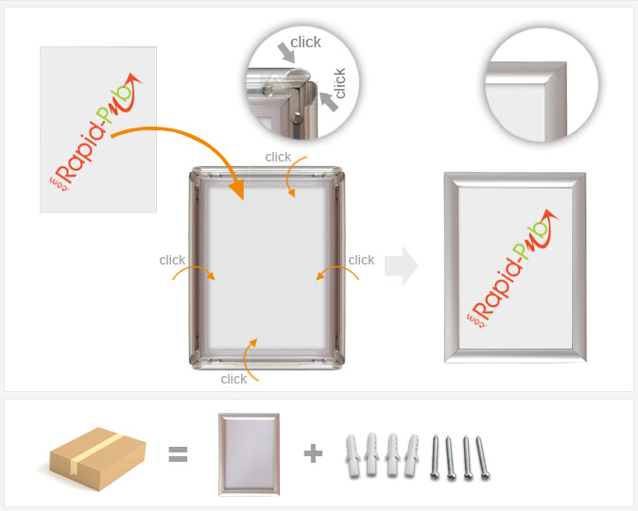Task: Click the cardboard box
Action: [x=97, y=458]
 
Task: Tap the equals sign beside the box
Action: [x=179, y=454]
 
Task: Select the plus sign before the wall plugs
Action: [x=313, y=453]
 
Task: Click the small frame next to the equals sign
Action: [x=249, y=454]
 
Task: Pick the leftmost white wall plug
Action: [x=353, y=455]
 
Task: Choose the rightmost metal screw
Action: [x=483, y=457]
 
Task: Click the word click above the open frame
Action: [x=278, y=157]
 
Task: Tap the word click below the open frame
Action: [x=233, y=379]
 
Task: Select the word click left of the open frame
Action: [x=172, y=260]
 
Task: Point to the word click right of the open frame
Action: [x=361, y=260]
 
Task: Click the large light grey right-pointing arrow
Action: [x=401, y=265]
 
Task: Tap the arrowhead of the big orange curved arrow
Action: [x=237, y=189]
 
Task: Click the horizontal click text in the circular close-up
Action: [x=305, y=42]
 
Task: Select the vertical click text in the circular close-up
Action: [x=339, y=83]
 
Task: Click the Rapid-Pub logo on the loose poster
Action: [x=96, y=132]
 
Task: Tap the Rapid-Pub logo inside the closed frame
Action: [x=512, y=268]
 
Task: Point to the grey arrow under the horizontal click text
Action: [x=286, y=53]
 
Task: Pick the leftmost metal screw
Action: [x=435, y=456]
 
